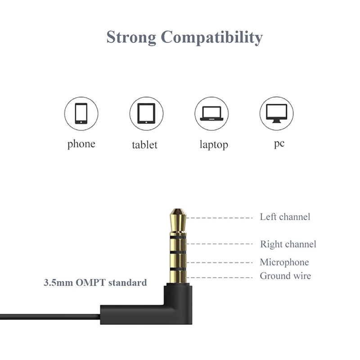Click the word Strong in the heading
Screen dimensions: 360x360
coord(131,37)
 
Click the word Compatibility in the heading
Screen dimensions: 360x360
coord(211,37)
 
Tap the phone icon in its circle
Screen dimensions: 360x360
coord(81,113)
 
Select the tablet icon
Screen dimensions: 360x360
coord(146,113)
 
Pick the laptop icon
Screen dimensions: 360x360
coord(211,113)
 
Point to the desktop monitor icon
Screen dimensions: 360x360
coord(277,113)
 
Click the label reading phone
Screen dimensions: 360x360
coord(81,144)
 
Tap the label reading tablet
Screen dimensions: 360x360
coord(144,145)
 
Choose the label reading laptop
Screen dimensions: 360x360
coord(214,145)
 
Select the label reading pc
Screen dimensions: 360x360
coord(279,144)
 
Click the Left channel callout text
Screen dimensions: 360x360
coord(285,217)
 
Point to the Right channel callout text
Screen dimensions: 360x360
coord(288,244)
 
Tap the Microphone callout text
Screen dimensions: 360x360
coord(284,262)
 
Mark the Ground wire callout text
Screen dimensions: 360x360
coord(285,276)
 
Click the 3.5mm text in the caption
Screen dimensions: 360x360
coord(58,283)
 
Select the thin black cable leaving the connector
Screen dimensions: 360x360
coord(50,317)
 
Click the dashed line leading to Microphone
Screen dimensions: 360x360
coord(219,262)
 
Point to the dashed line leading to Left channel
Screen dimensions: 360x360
coord(219,218)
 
